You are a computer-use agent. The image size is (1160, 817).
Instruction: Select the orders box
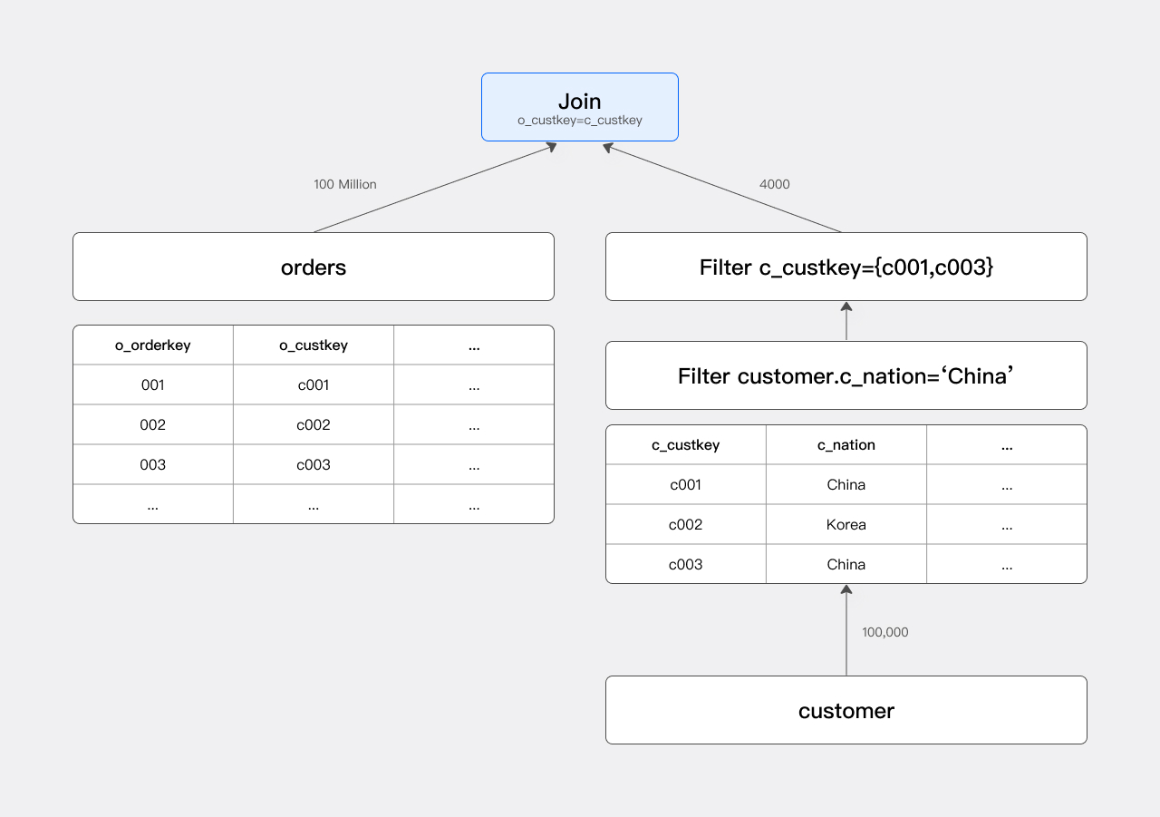click(x=313, y=267)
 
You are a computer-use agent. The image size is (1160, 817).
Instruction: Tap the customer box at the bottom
click(x=846, y=710)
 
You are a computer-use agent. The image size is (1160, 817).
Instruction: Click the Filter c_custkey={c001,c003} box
click(x=846, y=267)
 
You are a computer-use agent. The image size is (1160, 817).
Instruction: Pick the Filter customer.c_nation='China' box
click(x=846, y=375)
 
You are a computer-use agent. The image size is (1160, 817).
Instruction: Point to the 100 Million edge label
click(x=344, y=184)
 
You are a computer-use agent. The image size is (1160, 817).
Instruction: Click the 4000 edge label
click(x=774, y=184)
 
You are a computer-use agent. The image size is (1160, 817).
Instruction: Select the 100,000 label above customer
click(x=884, y=632)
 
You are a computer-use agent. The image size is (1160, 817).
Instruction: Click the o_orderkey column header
click(x=152, y=345)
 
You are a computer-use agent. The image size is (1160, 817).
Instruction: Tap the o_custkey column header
click(x=313, y=345)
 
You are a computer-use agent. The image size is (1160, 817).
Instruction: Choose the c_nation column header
click(x=846, y=445)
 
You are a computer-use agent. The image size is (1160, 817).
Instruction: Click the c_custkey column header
click(x=685, y=445)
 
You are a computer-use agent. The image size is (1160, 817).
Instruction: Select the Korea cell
click(x=846, y=525)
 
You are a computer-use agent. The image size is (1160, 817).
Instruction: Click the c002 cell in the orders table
click(x=313, y=425)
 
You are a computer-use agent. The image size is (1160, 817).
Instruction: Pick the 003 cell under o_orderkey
click(x=152, y=465)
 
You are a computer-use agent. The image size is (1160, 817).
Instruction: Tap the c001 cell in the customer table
click(x=685, y=485)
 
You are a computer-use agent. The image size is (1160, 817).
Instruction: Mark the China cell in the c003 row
click(x=846, y=565)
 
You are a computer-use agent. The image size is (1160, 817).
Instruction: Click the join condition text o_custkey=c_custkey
click(x=579, y=121)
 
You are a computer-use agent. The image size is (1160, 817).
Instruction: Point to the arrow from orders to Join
click(x=435, y=188)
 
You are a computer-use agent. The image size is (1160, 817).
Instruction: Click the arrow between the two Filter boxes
click(x=846, y=321)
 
